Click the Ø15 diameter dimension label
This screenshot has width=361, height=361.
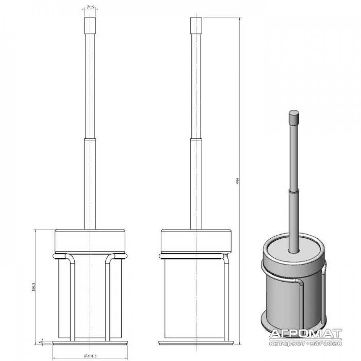click(x=91, y=7)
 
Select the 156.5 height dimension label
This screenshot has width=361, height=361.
click(x=33, y=287)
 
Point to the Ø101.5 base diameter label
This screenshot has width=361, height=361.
click(x=91, y=356)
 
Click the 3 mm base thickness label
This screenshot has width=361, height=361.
click(x=40, y=342)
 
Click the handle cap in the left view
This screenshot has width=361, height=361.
click(x=90, y=25)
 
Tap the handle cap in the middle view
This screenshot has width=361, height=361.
click(x=196, y=25)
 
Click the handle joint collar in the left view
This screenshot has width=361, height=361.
click(x=90, y=139)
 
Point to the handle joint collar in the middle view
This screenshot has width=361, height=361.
click(x=196, y=139)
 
